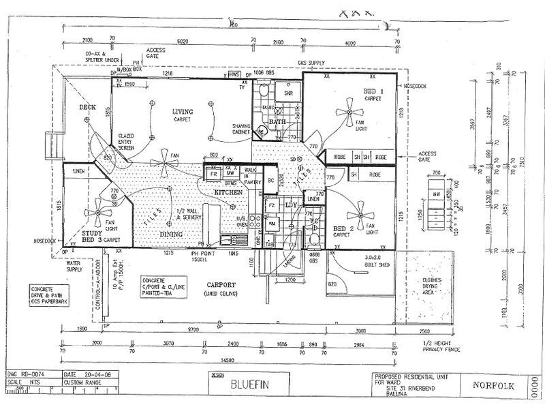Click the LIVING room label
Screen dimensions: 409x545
[183, 112]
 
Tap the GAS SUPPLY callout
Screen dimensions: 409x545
[311, 63]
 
